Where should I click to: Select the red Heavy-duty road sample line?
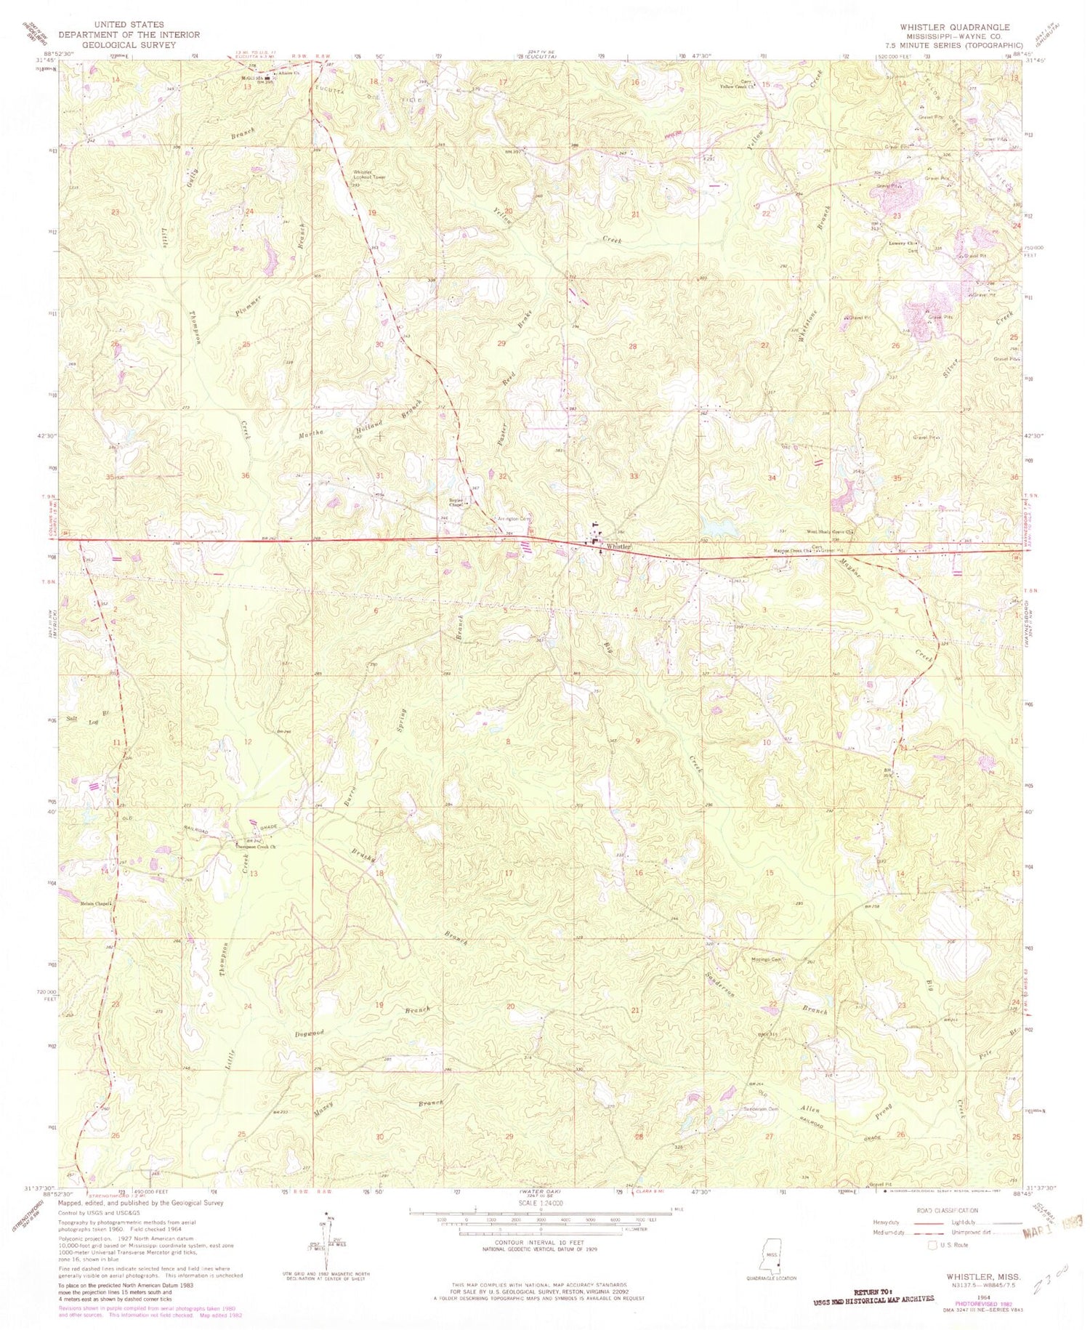[x=932, y=1222]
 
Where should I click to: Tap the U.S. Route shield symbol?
[x=933, y=1244]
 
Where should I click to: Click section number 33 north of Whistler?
[x=634, y=476]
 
